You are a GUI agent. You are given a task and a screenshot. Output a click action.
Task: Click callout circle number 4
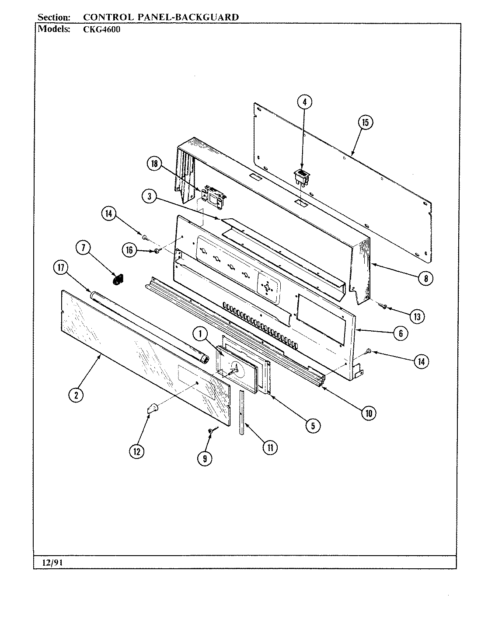(x=305, y=102)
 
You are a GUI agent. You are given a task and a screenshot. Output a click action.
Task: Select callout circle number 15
(x=365, y=122)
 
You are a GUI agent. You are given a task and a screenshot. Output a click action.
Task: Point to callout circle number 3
(x=149, y=197)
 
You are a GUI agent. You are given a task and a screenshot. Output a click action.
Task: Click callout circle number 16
(x=129, y=251)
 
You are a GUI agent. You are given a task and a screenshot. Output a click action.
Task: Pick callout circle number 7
(x=83, y=248)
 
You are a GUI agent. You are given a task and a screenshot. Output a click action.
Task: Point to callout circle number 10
(x=368, y=413)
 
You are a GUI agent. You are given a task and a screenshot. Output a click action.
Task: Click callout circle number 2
(x=76, y=395)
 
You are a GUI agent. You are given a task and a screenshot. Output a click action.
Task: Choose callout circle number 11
(x=270, y=447)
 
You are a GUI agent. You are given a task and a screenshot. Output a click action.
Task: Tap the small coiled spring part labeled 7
(x=117, y=279)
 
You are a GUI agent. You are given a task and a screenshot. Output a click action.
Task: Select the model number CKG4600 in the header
(x=102, y=30)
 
